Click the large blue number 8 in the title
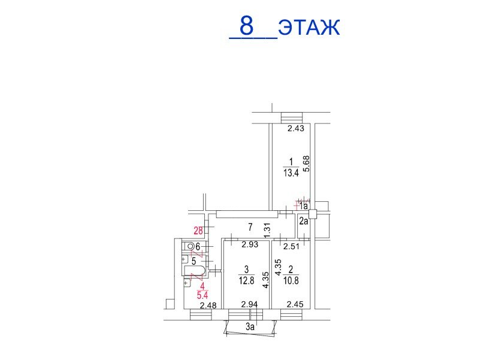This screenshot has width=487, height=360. click(247, 26)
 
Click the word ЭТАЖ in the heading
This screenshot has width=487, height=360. click(309, 28)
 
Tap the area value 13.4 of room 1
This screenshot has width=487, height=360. click(291, 173)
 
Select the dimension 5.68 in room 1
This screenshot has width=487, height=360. click(307, 164)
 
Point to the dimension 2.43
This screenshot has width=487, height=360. click(296, 128)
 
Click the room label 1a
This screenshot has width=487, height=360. click(304, 205)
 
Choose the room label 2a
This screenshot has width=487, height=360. click(304, 221)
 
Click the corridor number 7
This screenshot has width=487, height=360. click(250, 227)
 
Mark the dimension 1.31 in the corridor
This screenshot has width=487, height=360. click(267, 231)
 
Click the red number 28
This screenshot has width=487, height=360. click(198, 231)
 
